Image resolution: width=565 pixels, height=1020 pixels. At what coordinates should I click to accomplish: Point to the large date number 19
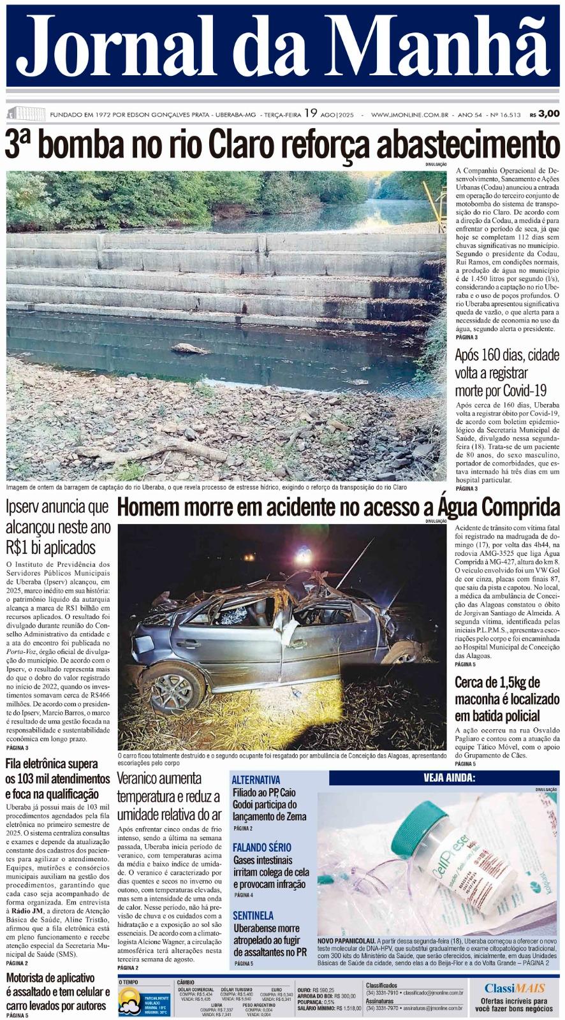point(311,113)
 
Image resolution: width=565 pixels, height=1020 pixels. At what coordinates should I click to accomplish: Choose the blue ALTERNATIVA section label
point(256,780)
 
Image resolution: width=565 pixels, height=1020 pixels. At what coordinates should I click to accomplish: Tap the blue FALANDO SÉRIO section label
point(261,847)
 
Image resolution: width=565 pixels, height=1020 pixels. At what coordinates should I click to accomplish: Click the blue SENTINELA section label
point(253,915)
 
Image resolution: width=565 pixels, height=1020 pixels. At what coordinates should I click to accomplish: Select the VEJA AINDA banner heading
point(449,778)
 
